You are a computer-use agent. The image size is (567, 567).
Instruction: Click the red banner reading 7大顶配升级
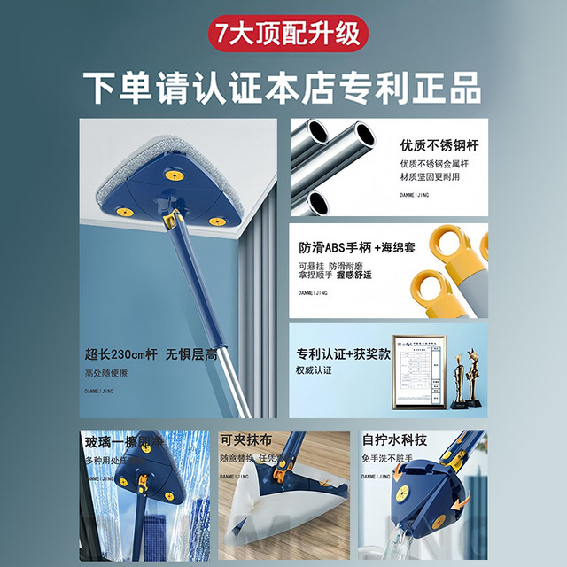pyautogui.click(x=283, y=33)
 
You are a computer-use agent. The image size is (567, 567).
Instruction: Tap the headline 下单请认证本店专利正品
pyautogui.click(x=283, y=88)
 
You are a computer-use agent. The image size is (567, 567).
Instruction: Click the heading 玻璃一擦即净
pyautogui.click(x=123, y=442)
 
